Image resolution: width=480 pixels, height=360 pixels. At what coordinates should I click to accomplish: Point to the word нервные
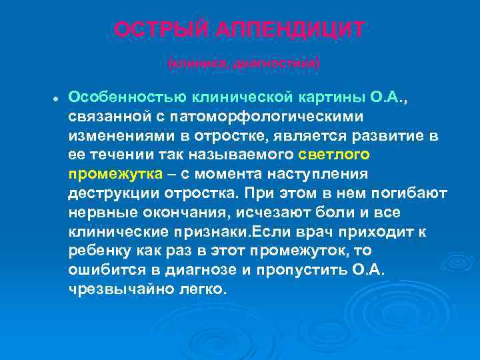pyautogui.click(x=98, y=213)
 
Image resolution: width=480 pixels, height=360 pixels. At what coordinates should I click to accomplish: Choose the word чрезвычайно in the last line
pyautogui.click(x=115, y=291)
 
